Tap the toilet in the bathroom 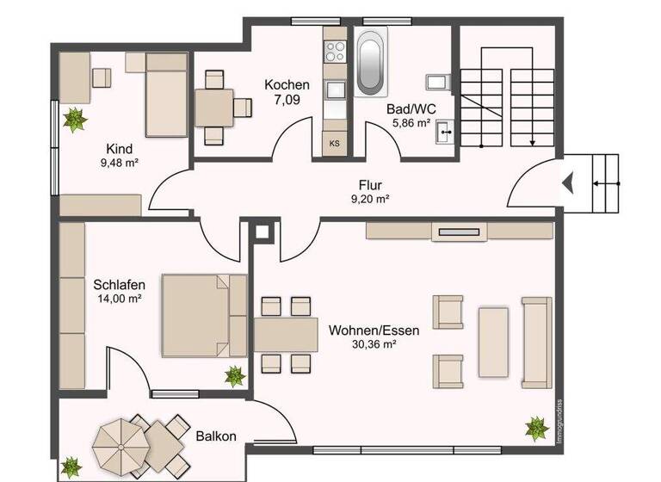(437, 82)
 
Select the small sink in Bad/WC (445, 132)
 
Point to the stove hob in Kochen (334, 51)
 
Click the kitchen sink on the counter (334, 89)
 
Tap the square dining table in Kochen (213, 108)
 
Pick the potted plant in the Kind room (76, 119)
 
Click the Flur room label (370, 184)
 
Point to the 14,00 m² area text (120, 299)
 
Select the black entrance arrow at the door (568, 182)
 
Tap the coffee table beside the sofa (494, 342)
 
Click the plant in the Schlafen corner (234, 375)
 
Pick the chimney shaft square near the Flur (263, 231)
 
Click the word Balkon (215, 436)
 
